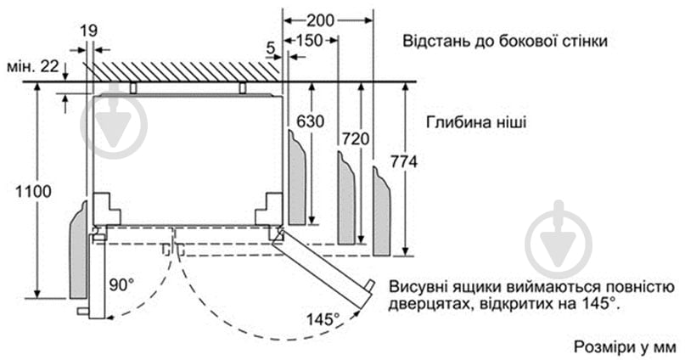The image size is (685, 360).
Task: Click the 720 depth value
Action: [356, 137]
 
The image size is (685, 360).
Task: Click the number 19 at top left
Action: [88, 31]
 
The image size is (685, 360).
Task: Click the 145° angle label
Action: [323, 319]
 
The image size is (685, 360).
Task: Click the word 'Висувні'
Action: [418, 286]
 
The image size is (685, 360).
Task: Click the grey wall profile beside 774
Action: [381, 212]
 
